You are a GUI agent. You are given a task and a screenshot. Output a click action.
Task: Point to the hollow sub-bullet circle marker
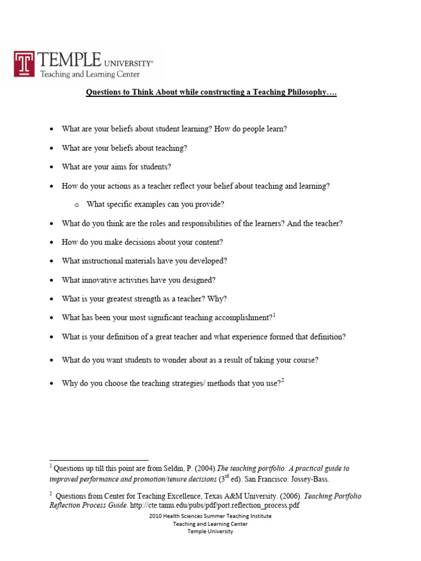tap(76, 204)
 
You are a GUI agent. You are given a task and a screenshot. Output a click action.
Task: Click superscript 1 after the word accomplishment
tap(274, 315)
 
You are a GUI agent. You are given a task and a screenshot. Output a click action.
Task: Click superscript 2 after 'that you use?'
tap(283, 381)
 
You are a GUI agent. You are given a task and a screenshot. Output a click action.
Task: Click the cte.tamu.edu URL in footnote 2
tap(215, 505)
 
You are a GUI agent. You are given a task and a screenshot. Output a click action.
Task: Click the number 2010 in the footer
tap(156, 516)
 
